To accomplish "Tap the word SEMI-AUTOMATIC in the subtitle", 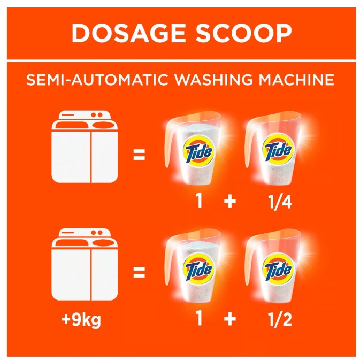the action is tap(97, 80).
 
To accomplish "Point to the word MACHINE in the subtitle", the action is tap(296, 80).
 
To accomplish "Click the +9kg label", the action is tap(81, 320).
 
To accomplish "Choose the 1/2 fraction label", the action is tap(280, 319).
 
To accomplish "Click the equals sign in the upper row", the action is tap(139, 155).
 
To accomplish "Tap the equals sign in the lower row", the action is tap(139, 272).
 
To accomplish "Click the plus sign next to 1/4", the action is tap(230, 202).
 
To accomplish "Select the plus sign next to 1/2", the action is tap(230, 319).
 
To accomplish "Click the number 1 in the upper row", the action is tap(199, 201).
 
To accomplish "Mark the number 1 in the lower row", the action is tap(199, 318).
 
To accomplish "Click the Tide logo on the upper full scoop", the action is tap(198, 151).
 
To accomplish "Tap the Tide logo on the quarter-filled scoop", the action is tap(278, 151).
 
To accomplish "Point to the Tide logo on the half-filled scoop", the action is tap(278, 268).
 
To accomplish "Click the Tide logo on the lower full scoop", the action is tap(198, 268).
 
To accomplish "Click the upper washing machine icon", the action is tap(85, 147).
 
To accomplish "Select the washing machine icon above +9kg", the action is tap(85, 264).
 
